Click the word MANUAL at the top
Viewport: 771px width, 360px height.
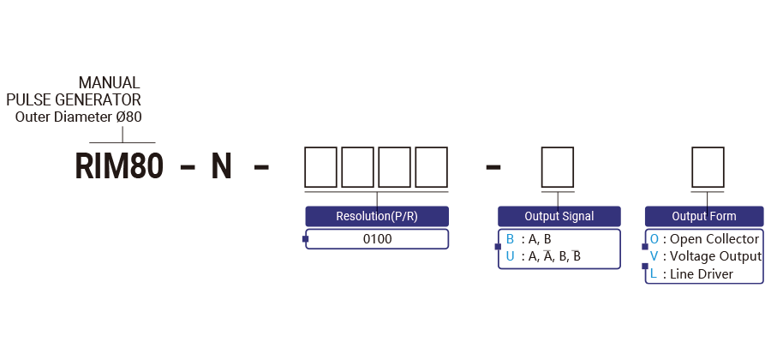click(109, 83)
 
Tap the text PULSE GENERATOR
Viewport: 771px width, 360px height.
click(74, 100)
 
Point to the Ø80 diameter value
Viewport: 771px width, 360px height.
click(128, 117)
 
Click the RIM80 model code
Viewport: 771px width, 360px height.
click(119, 165)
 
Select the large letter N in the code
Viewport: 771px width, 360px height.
click(222, 165)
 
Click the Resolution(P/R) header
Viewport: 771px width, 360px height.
click(377, 216)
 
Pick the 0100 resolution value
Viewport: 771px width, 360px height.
click(377, 239)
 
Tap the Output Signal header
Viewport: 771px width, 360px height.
click(559, 216)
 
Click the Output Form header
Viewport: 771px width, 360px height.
click(704, 216)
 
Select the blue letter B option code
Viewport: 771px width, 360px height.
click(510, 239)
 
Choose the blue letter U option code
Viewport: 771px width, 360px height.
click(510, 255)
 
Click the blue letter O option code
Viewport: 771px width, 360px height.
click(654, 239)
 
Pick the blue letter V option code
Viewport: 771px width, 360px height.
click(654, 256)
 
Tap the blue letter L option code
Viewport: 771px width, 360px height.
click(654, 274)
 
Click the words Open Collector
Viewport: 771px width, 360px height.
click(714, 239)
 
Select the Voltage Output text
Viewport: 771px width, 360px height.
click(715, 256)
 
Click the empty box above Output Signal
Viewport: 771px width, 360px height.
click(559, 165)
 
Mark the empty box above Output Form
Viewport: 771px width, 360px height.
click(707, 165)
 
